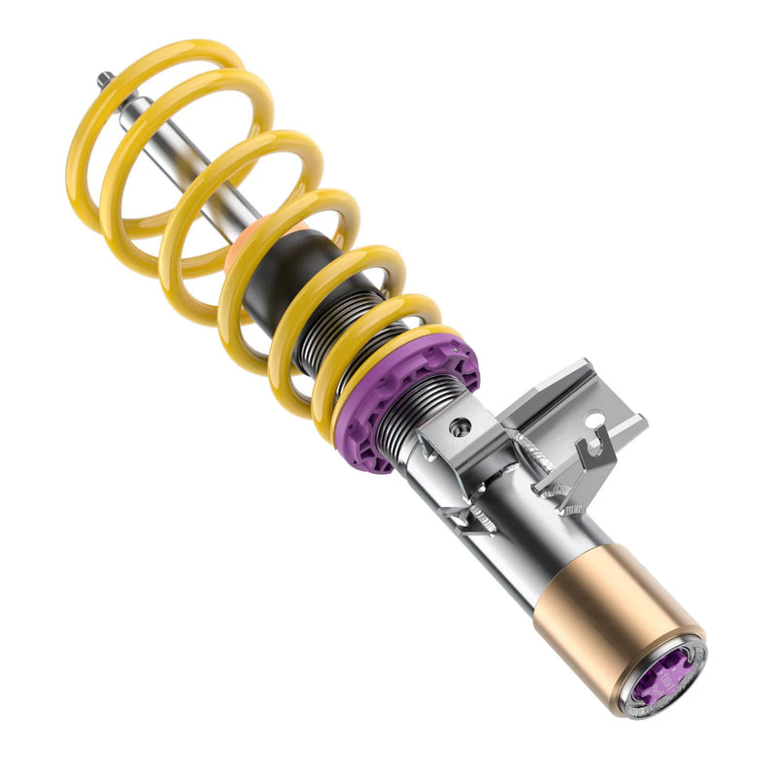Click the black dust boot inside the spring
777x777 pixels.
click(x=277, y=282)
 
